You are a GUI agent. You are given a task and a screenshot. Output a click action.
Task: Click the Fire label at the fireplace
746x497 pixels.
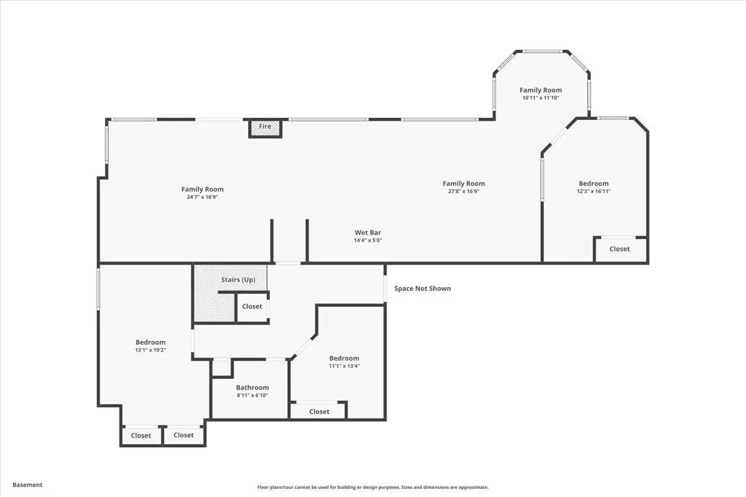[265, 126]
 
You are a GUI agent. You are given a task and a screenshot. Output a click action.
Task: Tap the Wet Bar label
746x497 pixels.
[367, 232]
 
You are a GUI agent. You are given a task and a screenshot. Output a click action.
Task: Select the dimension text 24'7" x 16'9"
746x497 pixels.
[203, 197]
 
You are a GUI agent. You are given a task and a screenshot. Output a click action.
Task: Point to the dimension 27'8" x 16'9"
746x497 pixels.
[464, 191]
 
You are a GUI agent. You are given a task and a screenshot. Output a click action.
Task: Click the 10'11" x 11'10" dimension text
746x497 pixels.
[540, 98]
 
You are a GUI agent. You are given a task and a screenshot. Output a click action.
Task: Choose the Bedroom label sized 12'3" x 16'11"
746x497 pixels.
[594, 183]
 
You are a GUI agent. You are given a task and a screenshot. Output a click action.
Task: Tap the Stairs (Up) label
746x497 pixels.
[238, 280]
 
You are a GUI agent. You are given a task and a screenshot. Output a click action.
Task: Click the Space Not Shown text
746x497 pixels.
[423, 289]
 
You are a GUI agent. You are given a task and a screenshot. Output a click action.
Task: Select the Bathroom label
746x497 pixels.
[252, 388]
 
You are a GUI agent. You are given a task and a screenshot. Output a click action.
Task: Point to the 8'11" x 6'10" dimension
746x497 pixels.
[252, 395]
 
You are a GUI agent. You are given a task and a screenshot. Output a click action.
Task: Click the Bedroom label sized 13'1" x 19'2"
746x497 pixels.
[150, 342]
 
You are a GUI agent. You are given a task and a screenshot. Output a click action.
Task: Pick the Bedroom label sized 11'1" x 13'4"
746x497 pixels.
[344, 358]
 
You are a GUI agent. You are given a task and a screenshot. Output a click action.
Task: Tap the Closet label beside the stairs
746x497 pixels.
[252, 306]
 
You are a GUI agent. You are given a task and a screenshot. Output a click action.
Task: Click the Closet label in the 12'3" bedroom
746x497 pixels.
[619, 248]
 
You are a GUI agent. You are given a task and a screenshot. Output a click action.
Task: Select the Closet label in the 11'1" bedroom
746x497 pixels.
[319, 411]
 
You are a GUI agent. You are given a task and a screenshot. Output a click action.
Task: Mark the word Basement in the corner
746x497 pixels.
[27, 485]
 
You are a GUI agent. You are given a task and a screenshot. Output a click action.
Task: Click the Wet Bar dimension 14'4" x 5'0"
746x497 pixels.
[367, 240]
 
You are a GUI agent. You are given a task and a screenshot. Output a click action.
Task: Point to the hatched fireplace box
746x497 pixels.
[265, 128]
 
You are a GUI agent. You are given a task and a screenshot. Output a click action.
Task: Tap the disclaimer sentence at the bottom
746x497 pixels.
[372, 487]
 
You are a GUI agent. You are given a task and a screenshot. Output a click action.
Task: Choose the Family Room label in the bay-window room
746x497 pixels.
[540, 90]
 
